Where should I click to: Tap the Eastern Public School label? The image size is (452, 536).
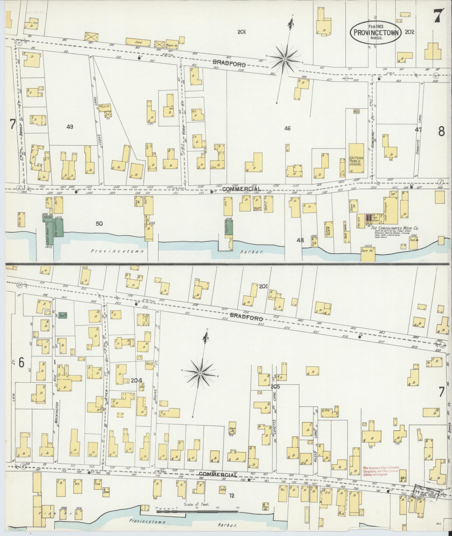click(356, 161)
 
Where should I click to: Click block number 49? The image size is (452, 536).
click(70, 127)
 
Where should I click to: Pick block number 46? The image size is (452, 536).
click(287, 129)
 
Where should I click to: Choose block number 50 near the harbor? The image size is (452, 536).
click(99, 224)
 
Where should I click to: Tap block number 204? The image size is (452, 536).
click(136, 380)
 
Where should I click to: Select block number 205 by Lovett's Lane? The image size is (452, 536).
click(276, 387)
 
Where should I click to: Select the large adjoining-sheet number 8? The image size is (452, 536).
click(441, 132)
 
